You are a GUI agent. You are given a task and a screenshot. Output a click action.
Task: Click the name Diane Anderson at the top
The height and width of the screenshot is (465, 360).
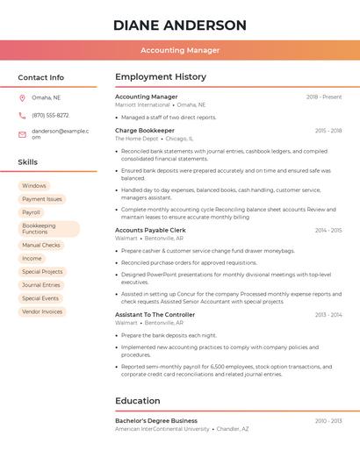(180, 25)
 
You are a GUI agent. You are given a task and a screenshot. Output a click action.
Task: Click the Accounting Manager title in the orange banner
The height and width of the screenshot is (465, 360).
(180, 50)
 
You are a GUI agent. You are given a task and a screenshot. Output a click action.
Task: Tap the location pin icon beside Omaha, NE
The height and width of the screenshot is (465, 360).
(22, 97)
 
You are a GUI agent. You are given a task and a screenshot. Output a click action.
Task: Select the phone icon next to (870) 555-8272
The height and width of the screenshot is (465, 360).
(22, 115)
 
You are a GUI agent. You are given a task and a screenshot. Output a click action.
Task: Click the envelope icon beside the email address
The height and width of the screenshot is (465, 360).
(22, 134)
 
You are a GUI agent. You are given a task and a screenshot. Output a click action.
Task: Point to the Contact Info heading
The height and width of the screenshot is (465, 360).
(40, 77)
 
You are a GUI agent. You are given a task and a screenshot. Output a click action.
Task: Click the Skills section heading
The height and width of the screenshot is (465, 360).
(28, 162)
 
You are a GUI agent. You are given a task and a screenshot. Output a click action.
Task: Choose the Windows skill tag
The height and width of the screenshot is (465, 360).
(34, 186)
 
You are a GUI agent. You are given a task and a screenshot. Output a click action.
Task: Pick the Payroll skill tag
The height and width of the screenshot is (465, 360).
(32, 212)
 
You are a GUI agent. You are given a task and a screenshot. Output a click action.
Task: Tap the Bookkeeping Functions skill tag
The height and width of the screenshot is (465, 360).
(48, 229)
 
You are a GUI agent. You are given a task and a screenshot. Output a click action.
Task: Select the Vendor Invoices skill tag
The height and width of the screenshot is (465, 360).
(42, 311)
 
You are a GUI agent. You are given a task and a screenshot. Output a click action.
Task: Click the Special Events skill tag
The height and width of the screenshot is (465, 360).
(40, 298)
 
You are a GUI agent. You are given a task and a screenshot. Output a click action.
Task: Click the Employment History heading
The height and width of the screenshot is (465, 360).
(161, 77)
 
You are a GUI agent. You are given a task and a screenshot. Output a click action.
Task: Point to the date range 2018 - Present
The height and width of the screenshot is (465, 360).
(323, 97)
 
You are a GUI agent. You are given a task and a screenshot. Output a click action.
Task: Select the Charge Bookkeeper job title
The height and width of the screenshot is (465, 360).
(145, 130)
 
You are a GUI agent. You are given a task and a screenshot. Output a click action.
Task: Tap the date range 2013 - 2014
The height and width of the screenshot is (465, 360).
(328, 314)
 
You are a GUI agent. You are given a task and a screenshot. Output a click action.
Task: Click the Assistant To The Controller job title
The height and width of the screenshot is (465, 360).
(155, 314)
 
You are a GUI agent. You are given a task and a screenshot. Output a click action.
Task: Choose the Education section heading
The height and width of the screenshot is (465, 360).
(138, 401)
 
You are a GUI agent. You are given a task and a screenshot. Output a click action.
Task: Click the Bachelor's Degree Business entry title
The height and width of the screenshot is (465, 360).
(156, 421)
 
